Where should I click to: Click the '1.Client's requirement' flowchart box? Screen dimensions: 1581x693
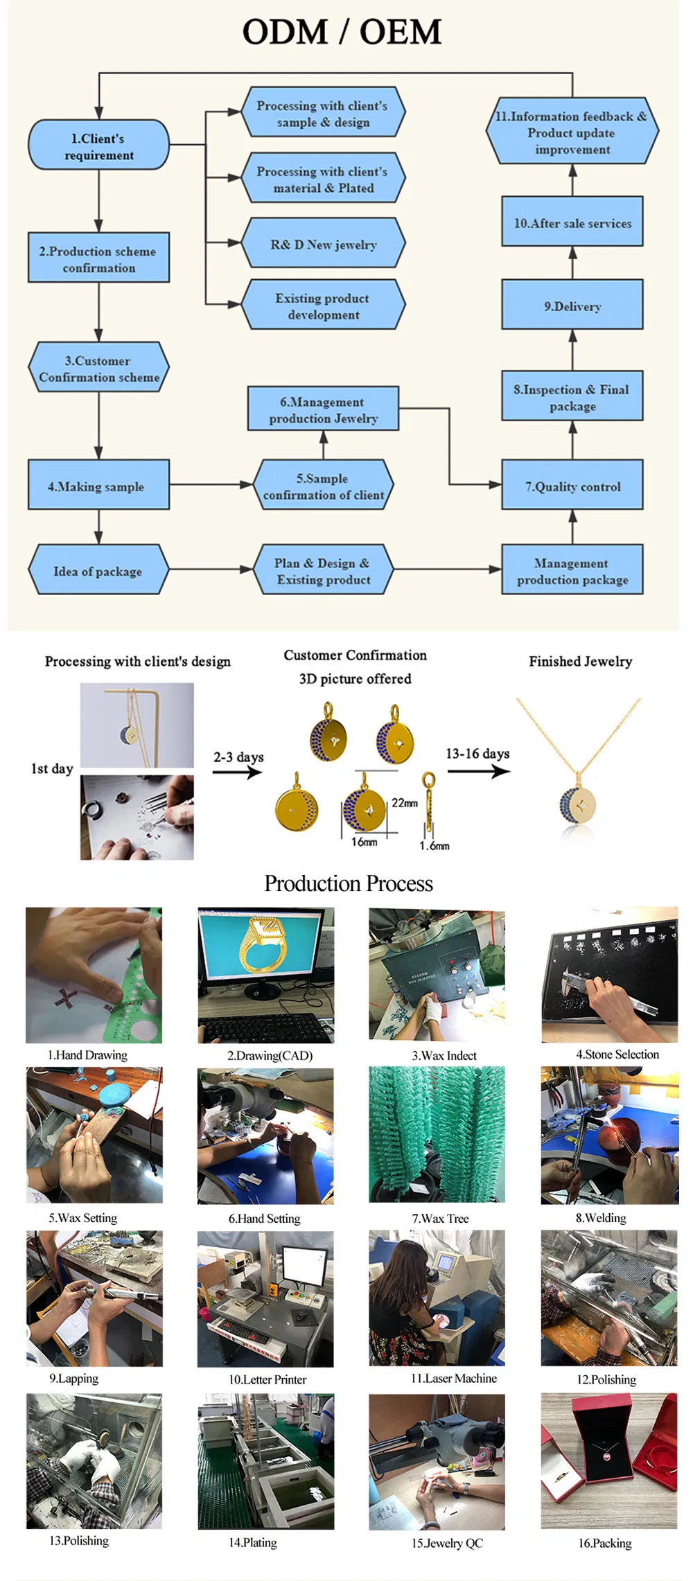pyautogui.click(x=98, y=145)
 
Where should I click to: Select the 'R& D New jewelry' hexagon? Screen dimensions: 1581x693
pyautogui.click(x=323, y=244)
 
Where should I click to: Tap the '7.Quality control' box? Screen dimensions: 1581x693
pyautogui.click(x=572, y=486)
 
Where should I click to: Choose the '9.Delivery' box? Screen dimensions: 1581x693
pyautogui.click(x=572, y=306)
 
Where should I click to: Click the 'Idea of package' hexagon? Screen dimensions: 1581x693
pyautogui.click(x=98, y=571)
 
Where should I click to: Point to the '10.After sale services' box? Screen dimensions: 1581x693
pyautogui.click(x=572, y=222)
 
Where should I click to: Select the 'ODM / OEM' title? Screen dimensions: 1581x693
pyautogui.click(x=342, y=33)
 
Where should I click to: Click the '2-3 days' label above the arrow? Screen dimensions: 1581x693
pyautogui.click(x=238, y=756)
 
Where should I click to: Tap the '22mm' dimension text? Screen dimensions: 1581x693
pyautogui.click(x=405, y=802)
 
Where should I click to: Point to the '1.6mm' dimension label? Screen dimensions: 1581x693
pyautogui.click(x=435, y=845)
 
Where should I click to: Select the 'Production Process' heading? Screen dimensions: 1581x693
pyautogui.click(x=349, y=883)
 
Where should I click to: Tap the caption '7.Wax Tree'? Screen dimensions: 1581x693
pyautogui.click(x=440, y=1218)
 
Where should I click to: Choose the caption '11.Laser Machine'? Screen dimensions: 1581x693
pyautogui.click(x=453, y=1378)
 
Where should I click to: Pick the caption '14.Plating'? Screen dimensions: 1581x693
pyautogui.click(x=252, y=1542)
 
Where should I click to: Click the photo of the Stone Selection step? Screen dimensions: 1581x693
pyautogui.click(x=609, y=975)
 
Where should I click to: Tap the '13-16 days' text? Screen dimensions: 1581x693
pyautogui.click(x=477, y=753)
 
